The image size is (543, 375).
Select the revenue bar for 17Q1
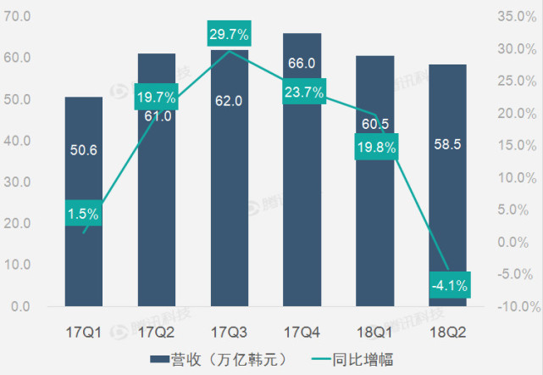[84, 255]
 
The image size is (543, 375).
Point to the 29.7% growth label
[230, 35]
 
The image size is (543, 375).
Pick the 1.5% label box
[84, 215]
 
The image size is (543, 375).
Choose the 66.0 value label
[302, 64]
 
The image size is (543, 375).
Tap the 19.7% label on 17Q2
[157, 98]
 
